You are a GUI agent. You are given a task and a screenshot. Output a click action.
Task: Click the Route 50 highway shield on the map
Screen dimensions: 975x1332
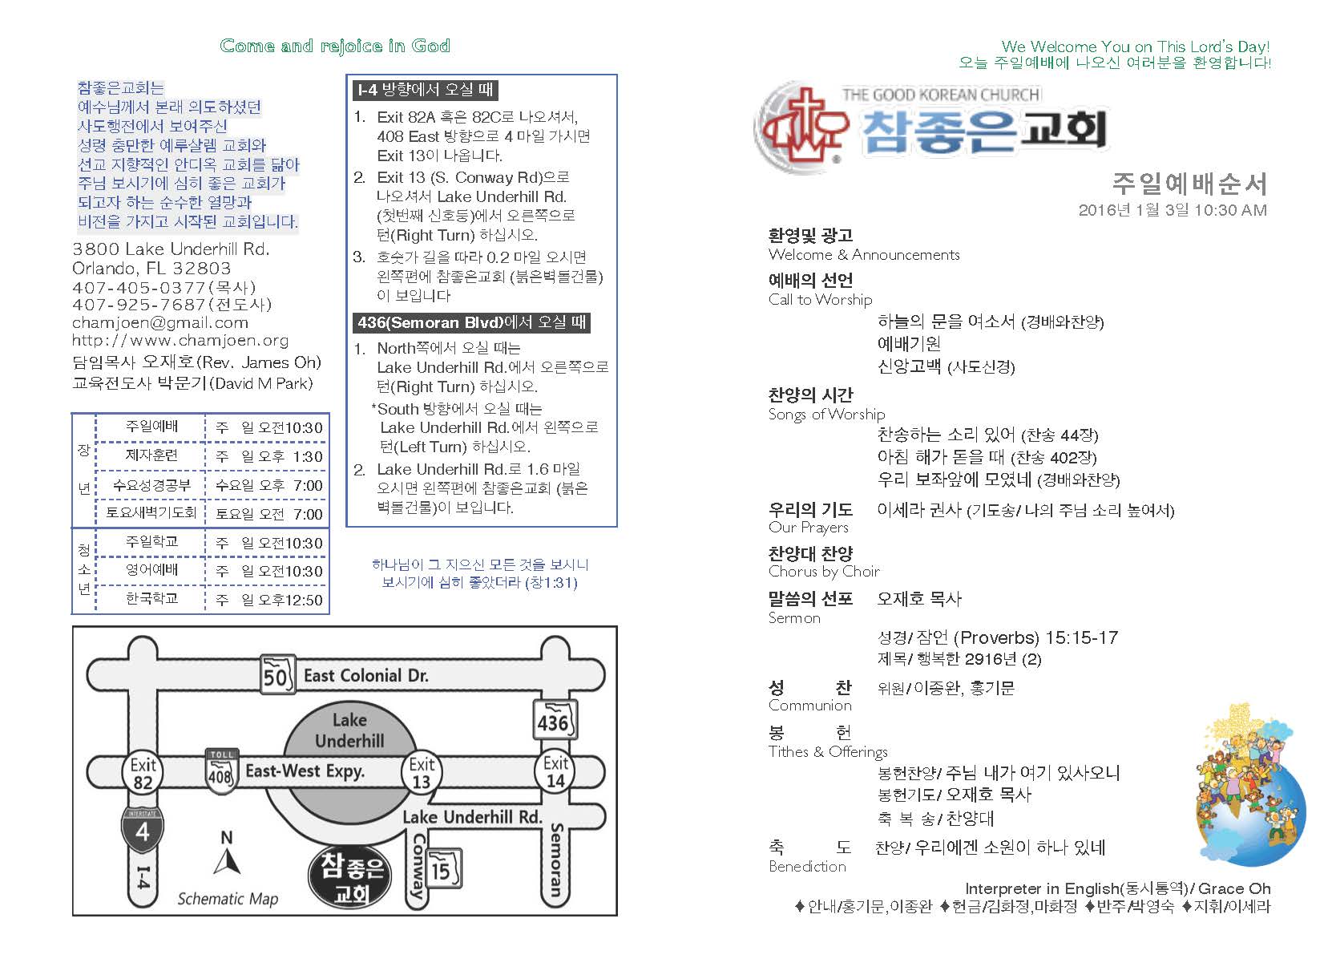pos(276,676)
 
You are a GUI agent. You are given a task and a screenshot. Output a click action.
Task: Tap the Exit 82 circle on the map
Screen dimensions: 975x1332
pos(143,773)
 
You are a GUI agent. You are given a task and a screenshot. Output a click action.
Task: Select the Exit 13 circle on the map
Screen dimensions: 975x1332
pos(422,772)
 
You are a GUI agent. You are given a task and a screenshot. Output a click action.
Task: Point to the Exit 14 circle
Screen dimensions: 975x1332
pos(555,771)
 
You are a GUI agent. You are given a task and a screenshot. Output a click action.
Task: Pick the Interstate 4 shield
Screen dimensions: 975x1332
pos(143,828)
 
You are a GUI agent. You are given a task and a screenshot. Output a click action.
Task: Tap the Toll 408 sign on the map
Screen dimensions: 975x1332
pos(220,771)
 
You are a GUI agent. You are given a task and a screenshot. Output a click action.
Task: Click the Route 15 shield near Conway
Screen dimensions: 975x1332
pos(442,869)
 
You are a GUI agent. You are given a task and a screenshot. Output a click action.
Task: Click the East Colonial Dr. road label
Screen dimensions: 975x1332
pos(365,676)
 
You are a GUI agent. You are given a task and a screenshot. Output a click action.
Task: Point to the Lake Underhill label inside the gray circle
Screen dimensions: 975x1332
pos(349,730)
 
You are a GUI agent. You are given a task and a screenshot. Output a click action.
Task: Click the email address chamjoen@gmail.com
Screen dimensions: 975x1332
pos(160,323)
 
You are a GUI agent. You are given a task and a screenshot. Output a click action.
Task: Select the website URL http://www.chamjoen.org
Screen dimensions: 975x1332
pos(180,341)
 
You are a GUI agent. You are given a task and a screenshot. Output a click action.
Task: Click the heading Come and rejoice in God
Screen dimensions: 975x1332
pos(335,47)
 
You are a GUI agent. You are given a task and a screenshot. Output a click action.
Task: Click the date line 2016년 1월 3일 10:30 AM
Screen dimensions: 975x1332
pos(1172,211)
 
